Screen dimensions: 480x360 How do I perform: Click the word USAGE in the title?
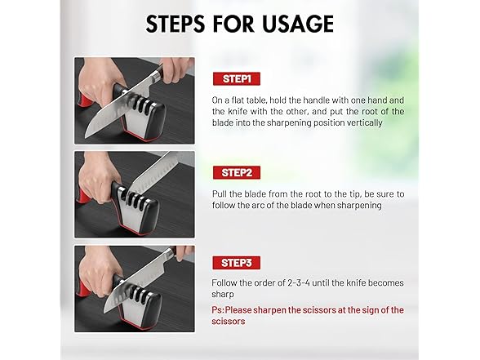click(x=298, y=24)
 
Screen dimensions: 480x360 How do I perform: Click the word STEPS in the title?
click(x=175, y=24)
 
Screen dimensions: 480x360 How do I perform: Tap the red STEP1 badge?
click(x=237, y=78)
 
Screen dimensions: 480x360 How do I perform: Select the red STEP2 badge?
click(x=237, y=173)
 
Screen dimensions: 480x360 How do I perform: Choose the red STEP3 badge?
click(x=237, y=263)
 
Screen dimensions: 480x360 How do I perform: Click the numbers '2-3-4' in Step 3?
click(x=299, y=282)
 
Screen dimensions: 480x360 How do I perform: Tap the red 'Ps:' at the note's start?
click(x=218, y=310)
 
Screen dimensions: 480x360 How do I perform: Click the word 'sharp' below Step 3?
click(x=223, y=295)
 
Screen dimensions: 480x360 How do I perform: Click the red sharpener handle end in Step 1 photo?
click(x=84, y=101)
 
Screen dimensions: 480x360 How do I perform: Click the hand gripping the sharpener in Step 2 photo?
click(x=99, y=178)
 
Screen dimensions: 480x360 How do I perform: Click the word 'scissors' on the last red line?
click(x=229, y=322)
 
